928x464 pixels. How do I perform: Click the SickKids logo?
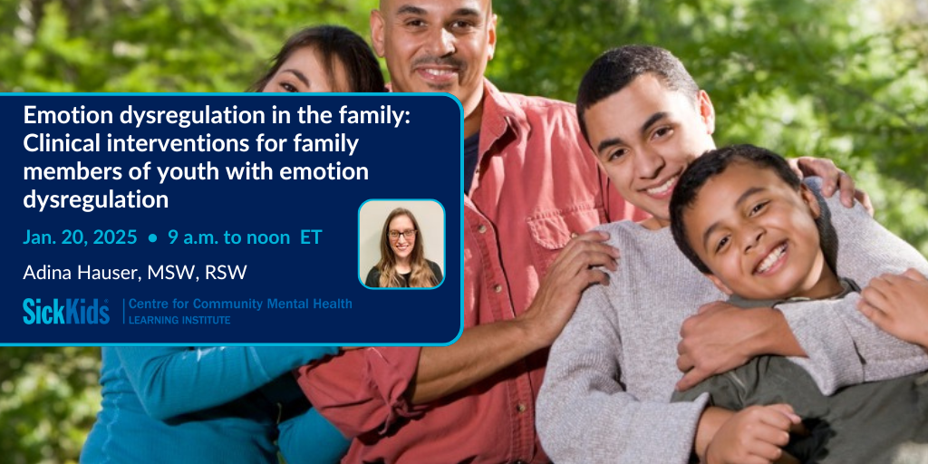point(66,312)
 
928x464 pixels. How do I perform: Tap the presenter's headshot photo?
point(401,244)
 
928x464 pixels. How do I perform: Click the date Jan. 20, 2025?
point(80,237)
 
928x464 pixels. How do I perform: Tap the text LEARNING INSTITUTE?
point(180,320)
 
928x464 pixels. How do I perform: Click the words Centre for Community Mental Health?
point(240,304)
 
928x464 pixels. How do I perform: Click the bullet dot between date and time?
point(152,238)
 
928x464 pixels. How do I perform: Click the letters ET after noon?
point(311,237)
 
